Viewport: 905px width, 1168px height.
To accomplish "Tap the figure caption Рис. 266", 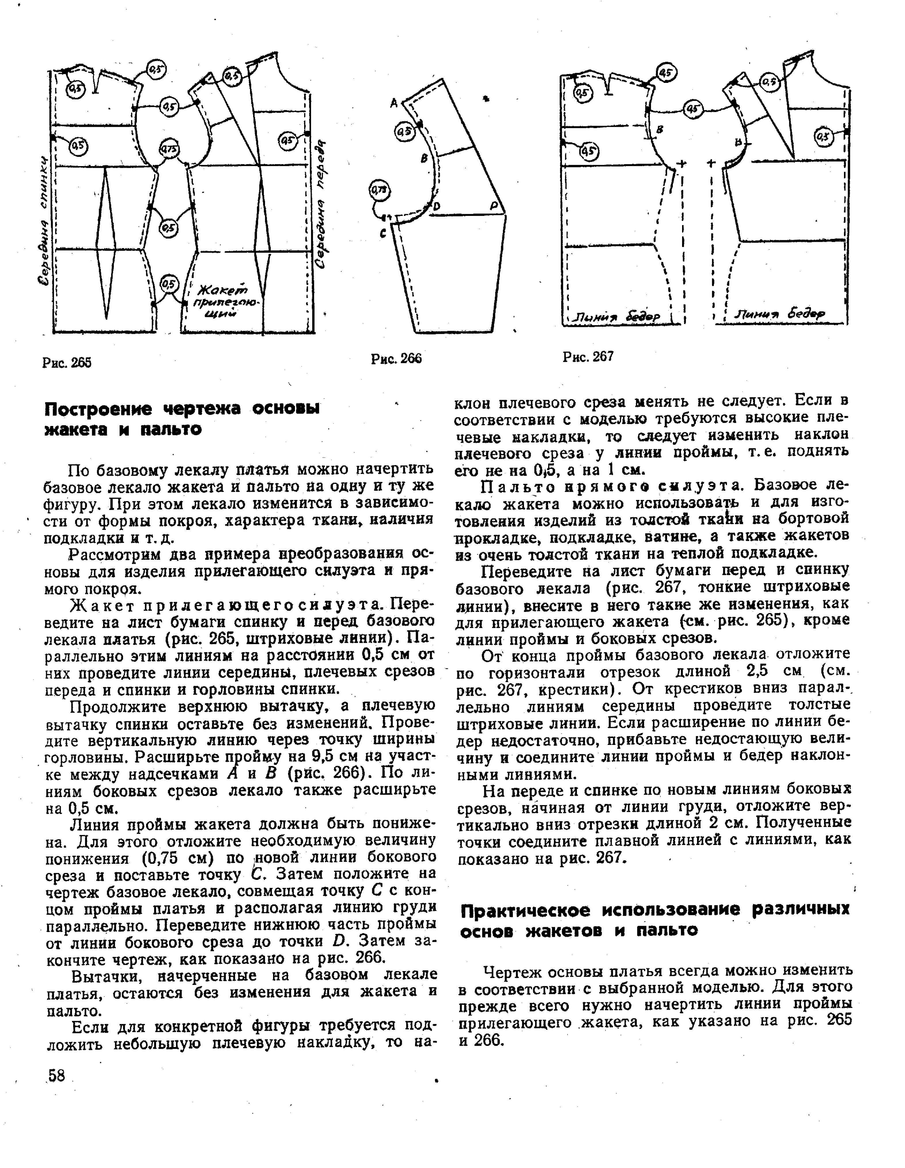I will [x=396, y=358].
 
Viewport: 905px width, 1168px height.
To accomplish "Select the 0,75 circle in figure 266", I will [x=380, y=190].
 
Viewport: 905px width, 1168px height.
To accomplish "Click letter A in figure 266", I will [x=394, y=103].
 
